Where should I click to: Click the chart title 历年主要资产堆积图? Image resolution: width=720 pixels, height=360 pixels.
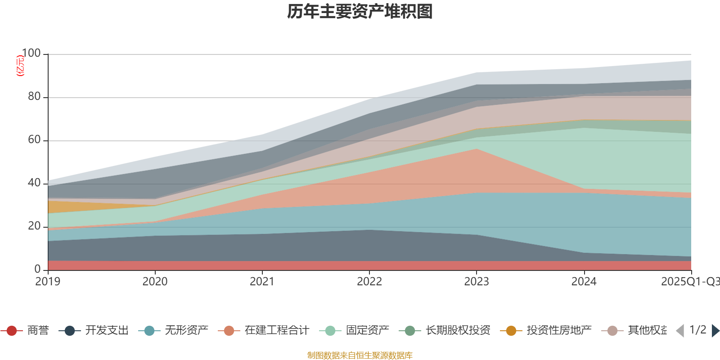pos(360,12)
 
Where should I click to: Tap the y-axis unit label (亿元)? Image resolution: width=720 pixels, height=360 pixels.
pos(20,66)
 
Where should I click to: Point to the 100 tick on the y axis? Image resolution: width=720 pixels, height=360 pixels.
pos(31,54)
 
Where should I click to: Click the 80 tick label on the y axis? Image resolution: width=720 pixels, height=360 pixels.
pos(34,97)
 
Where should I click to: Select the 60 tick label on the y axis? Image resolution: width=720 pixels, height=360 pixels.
pos(34,140)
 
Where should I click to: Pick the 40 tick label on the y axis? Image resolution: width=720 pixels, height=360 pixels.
pos(34,183)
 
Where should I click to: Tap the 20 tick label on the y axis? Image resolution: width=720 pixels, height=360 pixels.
pos(34,226)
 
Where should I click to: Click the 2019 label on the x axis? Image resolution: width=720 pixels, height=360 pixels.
pos(48,282)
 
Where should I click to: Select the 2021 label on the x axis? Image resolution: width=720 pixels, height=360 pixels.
pos(262,282)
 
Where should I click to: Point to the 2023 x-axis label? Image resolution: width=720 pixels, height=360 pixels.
pos(477,282)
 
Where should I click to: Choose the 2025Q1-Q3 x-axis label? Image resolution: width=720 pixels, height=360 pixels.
pos(690,282)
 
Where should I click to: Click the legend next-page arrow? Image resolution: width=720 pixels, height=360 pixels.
pos(715,331)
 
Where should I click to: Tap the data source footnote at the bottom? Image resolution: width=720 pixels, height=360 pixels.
pos(360,355)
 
